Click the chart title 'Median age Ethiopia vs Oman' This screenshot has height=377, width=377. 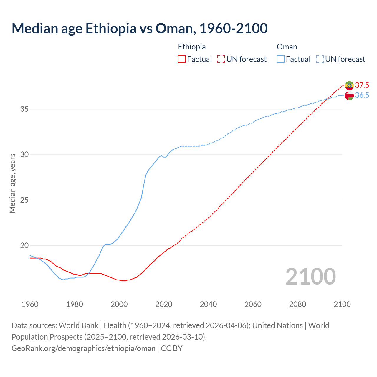coord(139,29)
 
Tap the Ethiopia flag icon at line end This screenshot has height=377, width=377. coord(349,85)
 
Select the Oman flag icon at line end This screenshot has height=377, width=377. coord(349,96)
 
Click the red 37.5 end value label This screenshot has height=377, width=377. coord(362,85)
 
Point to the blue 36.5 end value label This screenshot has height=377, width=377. coord(362,95)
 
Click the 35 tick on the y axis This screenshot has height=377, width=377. coord(24,109)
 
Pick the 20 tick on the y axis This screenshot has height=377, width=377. coord(24,246)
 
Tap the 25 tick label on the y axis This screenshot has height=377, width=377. coord(24,200)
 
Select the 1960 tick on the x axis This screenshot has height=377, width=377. coord(30,304)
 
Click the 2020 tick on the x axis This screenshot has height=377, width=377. coord(164,304)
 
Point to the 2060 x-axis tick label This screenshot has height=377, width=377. coord(253,304)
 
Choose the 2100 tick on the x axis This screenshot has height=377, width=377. coord(342,304)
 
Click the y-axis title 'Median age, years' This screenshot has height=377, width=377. coord(12,183)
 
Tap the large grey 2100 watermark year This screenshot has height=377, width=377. coord(311,276)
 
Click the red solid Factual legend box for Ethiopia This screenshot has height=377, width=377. coord(182,59)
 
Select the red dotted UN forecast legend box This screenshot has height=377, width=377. coord(221,59)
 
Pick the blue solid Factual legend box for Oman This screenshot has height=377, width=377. coord(281,59)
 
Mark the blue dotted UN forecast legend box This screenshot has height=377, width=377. coord(320,59)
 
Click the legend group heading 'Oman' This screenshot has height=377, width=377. coord(287,47)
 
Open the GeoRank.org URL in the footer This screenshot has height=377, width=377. coord(83,348)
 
